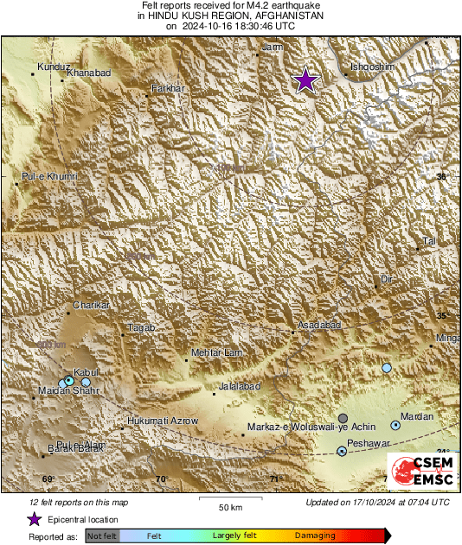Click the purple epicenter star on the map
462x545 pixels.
point(305,80)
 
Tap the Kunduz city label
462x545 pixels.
point(54,67)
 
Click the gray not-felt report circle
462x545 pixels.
point(343,418)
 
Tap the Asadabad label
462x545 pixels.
point(319,325)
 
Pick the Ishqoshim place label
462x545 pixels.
point(373,67)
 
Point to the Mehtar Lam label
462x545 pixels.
point(213,353)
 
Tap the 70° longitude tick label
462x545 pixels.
point(161,479)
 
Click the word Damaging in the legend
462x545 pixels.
point(316,535)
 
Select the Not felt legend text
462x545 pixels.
point(103,535)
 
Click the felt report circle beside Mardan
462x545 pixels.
point(395,425)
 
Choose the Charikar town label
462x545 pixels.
point(91,306)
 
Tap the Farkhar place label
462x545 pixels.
point(168,89)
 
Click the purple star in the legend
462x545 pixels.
point(34,519)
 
